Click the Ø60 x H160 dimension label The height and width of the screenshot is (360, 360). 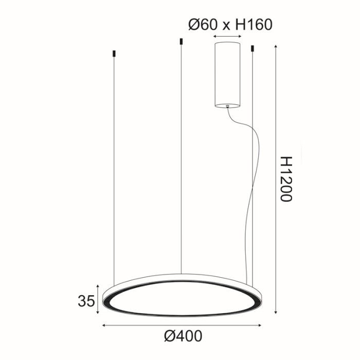click(229, 24)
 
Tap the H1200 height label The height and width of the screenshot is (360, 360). click(286, 179)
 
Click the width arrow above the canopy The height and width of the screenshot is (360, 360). click(227, 38)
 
